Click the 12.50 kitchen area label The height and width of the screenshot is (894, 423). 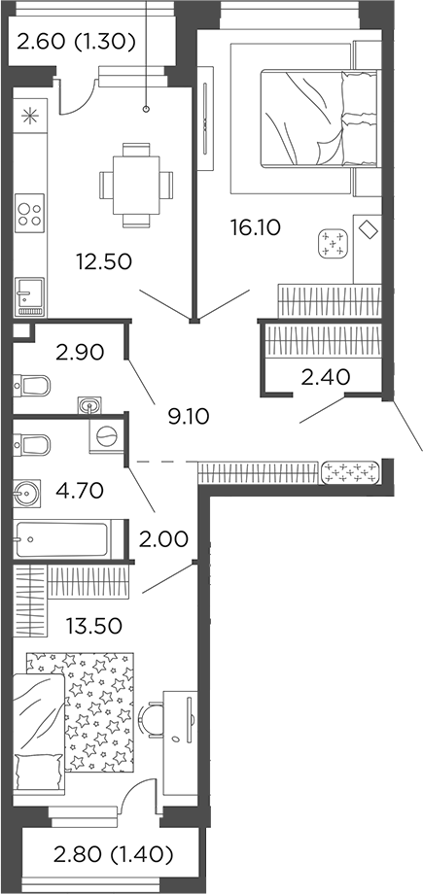click(104, 260)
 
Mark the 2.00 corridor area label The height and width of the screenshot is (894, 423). click(163, 537)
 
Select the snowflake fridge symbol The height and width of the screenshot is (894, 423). click(30, 117)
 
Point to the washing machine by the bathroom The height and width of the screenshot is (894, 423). click(106, 435)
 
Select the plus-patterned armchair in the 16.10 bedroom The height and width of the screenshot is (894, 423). click(335, 242)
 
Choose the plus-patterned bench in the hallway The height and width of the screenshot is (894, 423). click(349, 472)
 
